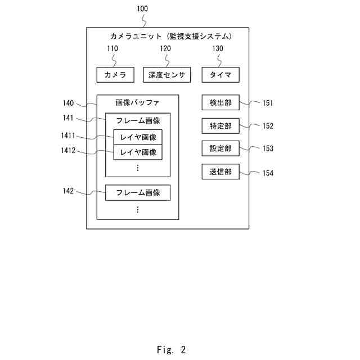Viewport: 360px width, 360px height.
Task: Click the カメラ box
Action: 115,75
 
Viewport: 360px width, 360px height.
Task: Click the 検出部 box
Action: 220,102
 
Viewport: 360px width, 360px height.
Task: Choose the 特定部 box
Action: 220,125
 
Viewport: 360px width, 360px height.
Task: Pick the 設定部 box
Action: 220,148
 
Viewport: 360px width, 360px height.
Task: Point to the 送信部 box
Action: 220,172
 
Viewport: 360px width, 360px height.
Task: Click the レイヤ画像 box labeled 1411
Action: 138,137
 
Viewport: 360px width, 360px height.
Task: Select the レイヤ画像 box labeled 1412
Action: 138,152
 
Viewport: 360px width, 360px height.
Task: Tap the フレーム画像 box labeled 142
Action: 138,192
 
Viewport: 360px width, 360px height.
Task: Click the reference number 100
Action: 143,9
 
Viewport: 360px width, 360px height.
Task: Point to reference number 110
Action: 112,49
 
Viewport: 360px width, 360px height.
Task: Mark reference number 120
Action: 165,49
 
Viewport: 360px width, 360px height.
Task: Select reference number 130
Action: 217,49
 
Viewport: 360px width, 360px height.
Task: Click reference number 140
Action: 69,103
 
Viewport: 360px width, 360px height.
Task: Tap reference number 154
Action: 268,173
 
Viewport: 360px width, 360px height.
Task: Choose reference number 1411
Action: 69,136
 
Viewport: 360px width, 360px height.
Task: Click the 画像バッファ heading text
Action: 137,103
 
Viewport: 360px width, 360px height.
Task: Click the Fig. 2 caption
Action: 171,349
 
